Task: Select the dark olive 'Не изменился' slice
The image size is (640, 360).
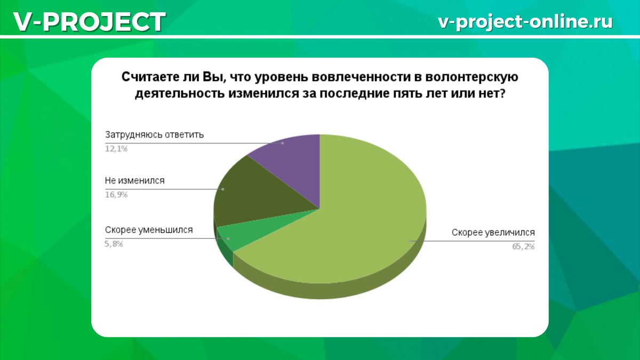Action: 257,194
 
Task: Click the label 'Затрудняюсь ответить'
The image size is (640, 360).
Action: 154,134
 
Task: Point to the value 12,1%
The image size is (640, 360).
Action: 116,149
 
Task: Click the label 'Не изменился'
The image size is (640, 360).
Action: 135,181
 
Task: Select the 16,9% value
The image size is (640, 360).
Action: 116,195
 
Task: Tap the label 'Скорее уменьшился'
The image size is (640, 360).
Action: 149,230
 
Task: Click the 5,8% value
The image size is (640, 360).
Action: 114,244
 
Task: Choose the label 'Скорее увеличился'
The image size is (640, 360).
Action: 493,233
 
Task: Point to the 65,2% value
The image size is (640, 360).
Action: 523,246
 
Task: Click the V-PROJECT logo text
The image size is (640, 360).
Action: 90,22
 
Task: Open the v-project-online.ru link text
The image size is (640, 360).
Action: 525,22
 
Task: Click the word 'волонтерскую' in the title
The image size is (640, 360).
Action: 471,77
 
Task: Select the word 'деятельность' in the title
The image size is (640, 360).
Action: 180,94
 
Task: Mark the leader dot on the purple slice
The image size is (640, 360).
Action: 283,143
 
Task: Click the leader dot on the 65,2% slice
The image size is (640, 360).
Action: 410,242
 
